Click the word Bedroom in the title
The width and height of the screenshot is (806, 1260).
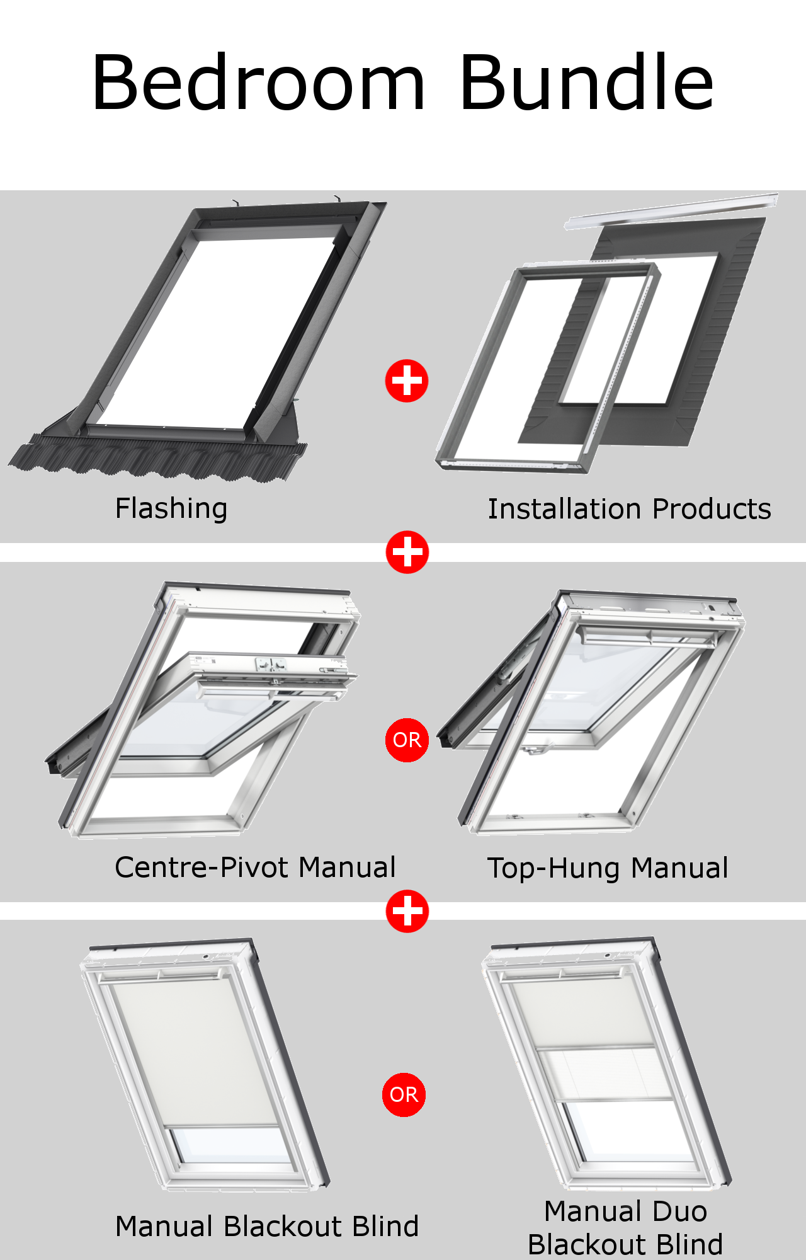258,83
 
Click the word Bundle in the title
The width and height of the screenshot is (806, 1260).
587,83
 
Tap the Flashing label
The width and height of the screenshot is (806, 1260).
171,508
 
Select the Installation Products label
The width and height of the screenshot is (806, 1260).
629,509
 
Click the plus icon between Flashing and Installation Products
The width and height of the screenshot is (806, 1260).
407,381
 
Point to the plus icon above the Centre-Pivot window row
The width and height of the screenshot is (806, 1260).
407,552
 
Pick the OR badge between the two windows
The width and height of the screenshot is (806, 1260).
407,740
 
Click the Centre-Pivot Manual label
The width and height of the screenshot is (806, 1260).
255,868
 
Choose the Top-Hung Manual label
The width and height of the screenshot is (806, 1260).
608,868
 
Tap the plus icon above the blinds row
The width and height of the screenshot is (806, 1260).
407,911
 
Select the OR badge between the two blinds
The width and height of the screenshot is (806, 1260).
404,1095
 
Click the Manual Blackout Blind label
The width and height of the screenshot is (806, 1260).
267,1227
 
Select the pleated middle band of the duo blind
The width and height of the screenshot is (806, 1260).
604,1074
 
